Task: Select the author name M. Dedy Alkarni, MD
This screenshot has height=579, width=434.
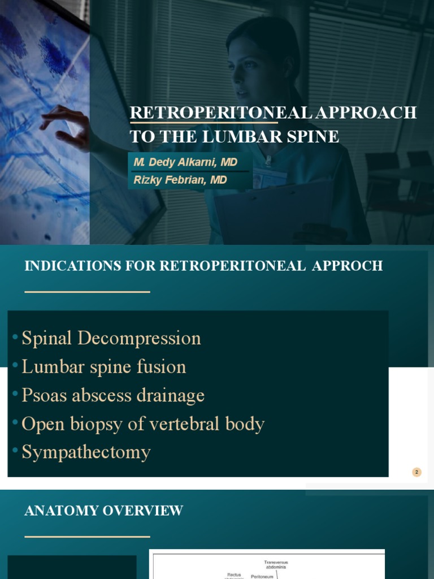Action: [x=185, y=162]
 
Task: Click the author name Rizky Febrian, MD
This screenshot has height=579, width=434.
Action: [x=180, y=180]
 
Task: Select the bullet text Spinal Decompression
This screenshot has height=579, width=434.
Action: [x=111, y=338]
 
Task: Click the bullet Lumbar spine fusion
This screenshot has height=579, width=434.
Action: [x=103, y=366]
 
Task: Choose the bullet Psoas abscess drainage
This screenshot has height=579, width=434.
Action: [x=112, y=395]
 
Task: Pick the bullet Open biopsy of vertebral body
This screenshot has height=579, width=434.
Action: [x=142, y=424]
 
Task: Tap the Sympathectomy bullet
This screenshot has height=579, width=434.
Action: [x=86, y=452]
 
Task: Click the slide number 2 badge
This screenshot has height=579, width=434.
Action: [x=417, y=472]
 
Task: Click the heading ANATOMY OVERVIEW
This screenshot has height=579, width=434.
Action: [x=104, y=511]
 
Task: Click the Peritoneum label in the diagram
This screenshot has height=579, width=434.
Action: [x=262, y=576]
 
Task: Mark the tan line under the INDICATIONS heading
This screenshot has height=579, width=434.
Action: [x=88, y=292]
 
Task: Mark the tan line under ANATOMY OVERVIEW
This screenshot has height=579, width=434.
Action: [x=88, y=536]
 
